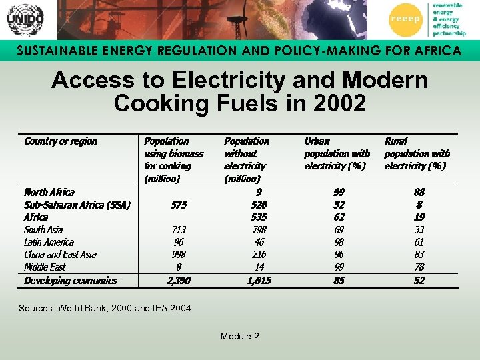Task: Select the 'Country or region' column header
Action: click(61, 141)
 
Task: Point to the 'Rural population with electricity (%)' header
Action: click(417, 153)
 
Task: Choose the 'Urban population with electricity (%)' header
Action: click(337, 153)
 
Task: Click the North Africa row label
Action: click(49, 192)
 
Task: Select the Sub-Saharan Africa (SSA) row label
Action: click(77, 205)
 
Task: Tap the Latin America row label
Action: click(49, 242)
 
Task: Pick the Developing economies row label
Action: click(71, 281)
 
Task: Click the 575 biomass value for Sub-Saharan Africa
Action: click(179, 205)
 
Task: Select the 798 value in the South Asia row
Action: click(259, 229)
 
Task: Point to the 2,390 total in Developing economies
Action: click(179, 281)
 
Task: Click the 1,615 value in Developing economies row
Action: click(259, 281)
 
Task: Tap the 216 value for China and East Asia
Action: click(259, 255)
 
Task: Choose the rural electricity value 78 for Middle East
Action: click(419, 267)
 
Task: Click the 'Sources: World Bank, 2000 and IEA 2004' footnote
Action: click(105, 308)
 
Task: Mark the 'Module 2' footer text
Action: click(240, 336)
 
